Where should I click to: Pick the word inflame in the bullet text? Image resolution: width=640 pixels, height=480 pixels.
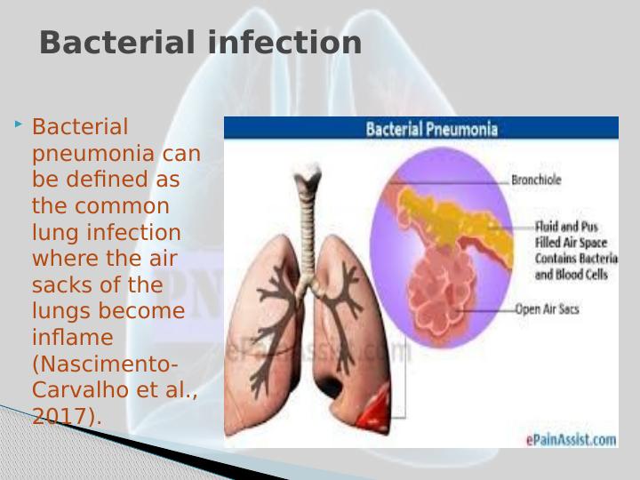72,338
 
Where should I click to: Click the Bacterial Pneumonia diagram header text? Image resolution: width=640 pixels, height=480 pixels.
432,129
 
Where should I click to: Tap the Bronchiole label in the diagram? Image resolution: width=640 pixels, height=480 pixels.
536,180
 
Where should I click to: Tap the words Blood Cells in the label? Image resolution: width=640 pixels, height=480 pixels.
584,276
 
